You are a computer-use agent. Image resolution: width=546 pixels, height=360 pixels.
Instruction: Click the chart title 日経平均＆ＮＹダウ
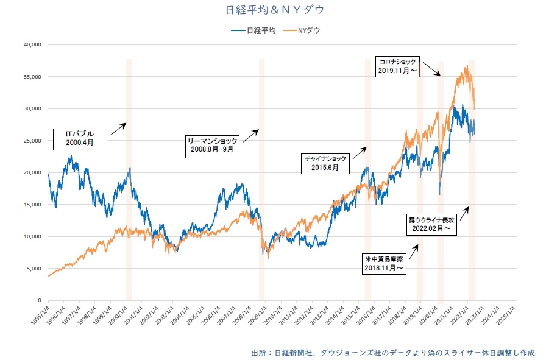pyautogui.click(x=272, y=10)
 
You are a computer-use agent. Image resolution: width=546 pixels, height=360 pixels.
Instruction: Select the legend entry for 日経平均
pyautogui.click(x=253, y=29)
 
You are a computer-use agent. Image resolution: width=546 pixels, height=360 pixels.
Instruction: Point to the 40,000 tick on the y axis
pyautogui.click(x=30, y=44)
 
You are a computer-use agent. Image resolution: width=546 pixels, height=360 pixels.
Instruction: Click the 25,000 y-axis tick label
pyautogui.click(x=30, y=141)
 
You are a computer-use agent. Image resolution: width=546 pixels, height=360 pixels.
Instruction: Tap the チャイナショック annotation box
pyautogui.click(x=328, y=162)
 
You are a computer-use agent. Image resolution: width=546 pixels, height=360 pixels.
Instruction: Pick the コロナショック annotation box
pyautogui.click(x=397, y=66)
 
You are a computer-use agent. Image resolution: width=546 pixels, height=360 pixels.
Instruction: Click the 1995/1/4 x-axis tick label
pyautogui.click(x=40, y=313)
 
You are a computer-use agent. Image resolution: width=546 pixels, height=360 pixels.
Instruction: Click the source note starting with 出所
pyautogui.click(x=392, y=352)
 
